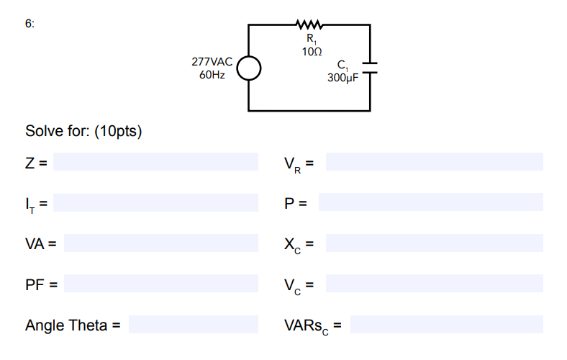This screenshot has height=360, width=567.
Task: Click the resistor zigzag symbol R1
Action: (x=310, y=25)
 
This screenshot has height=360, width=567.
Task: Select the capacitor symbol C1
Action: (x=370, y=68)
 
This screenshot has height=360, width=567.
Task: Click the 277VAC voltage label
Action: (x=212, y=63)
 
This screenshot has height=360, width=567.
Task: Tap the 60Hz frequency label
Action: (x=212, y=75)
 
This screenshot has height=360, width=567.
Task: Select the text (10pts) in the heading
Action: (x=119, y=132)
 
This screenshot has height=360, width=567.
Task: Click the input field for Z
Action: (x=155, y=162)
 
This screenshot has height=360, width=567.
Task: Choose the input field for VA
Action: (x=160, y=243)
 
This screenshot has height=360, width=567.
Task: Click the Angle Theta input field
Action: (x=193, y=325)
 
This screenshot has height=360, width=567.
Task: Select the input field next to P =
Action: (x=430, y=202)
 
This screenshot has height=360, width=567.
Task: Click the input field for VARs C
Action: (x=446, y=325)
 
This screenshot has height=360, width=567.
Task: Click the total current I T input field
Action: (x=155, y=202)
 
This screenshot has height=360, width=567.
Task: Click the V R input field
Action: (x=434, y=162)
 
